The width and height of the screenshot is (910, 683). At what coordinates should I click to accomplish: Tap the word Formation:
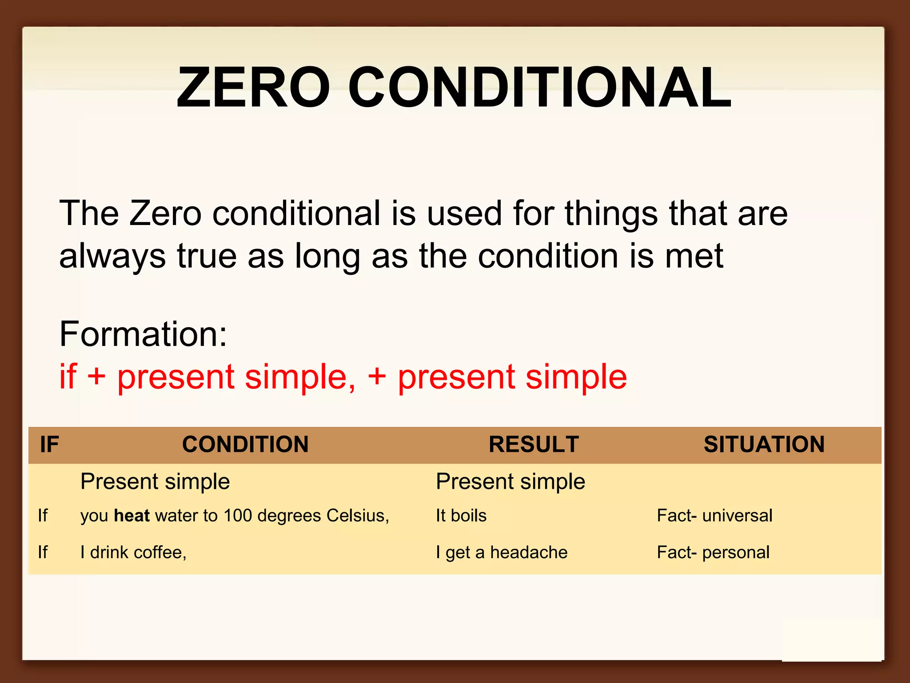[143, 334]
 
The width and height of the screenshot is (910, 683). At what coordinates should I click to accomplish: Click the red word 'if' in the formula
[68, 376]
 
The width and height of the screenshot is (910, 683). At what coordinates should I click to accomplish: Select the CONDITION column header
[245, 444]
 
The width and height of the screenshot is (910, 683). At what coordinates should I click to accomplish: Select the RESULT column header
[534, 444]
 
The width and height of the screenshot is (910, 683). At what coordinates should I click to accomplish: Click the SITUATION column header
[764, 444]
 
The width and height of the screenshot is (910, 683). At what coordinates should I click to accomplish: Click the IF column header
[49, 444]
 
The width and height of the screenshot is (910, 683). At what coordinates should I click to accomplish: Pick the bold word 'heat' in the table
[132, 515]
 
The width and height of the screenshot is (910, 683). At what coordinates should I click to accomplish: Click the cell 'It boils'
[461, 515]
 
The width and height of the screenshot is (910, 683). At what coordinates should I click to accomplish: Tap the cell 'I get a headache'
[501, 552]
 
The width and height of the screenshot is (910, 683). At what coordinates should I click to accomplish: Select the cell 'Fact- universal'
[714, 515]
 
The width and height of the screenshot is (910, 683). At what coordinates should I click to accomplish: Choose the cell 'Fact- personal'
[713, 552]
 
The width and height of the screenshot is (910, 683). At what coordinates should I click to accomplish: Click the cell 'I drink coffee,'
[133, 552]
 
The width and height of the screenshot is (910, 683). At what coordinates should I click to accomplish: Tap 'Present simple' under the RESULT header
[510, 482]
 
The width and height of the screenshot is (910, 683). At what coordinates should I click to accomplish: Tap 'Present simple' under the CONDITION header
[155, 482]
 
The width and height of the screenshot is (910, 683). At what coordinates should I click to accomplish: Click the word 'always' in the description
[112, 257]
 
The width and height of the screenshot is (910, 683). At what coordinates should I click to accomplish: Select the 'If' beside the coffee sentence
[43, 552]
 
